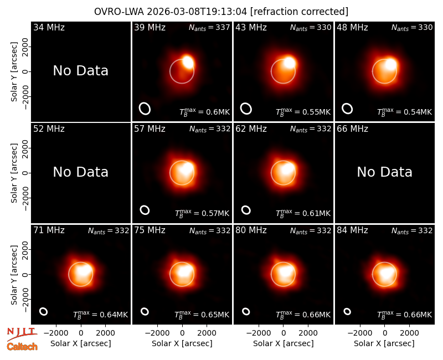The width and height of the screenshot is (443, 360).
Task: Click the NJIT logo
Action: point(22,334)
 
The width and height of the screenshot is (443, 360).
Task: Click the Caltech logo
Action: point(22,347)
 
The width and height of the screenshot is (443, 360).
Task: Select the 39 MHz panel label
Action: point(150,27)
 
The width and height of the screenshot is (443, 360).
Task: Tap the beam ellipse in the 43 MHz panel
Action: point(246,109)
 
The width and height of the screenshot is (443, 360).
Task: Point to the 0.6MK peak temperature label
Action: point(205,112)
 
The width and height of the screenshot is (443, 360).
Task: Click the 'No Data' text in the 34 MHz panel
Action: point(81,71)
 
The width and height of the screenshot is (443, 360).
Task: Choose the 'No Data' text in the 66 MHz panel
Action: point(384,172)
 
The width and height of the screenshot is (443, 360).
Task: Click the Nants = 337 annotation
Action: point(209,27)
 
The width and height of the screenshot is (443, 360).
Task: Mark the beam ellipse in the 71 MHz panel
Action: point(43,311)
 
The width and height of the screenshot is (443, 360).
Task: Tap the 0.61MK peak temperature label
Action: point(303,213)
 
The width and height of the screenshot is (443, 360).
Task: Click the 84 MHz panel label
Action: point(352,230)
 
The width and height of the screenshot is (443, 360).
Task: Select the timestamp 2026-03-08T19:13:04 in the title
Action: point(197,12)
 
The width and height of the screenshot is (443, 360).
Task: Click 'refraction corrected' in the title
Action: point(299,12)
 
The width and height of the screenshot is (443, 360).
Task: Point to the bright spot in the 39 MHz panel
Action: point(188,61)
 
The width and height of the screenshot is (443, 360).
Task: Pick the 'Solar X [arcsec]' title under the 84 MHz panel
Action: point(384,343)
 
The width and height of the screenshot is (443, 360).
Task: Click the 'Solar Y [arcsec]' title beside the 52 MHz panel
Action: point(14,173)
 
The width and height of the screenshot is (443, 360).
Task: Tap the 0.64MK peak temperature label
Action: point(101,315)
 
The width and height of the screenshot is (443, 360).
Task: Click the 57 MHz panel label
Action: point(150,129)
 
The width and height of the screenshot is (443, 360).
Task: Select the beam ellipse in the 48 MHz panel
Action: point(347,109)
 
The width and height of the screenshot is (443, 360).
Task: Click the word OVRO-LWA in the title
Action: point(119,12)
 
